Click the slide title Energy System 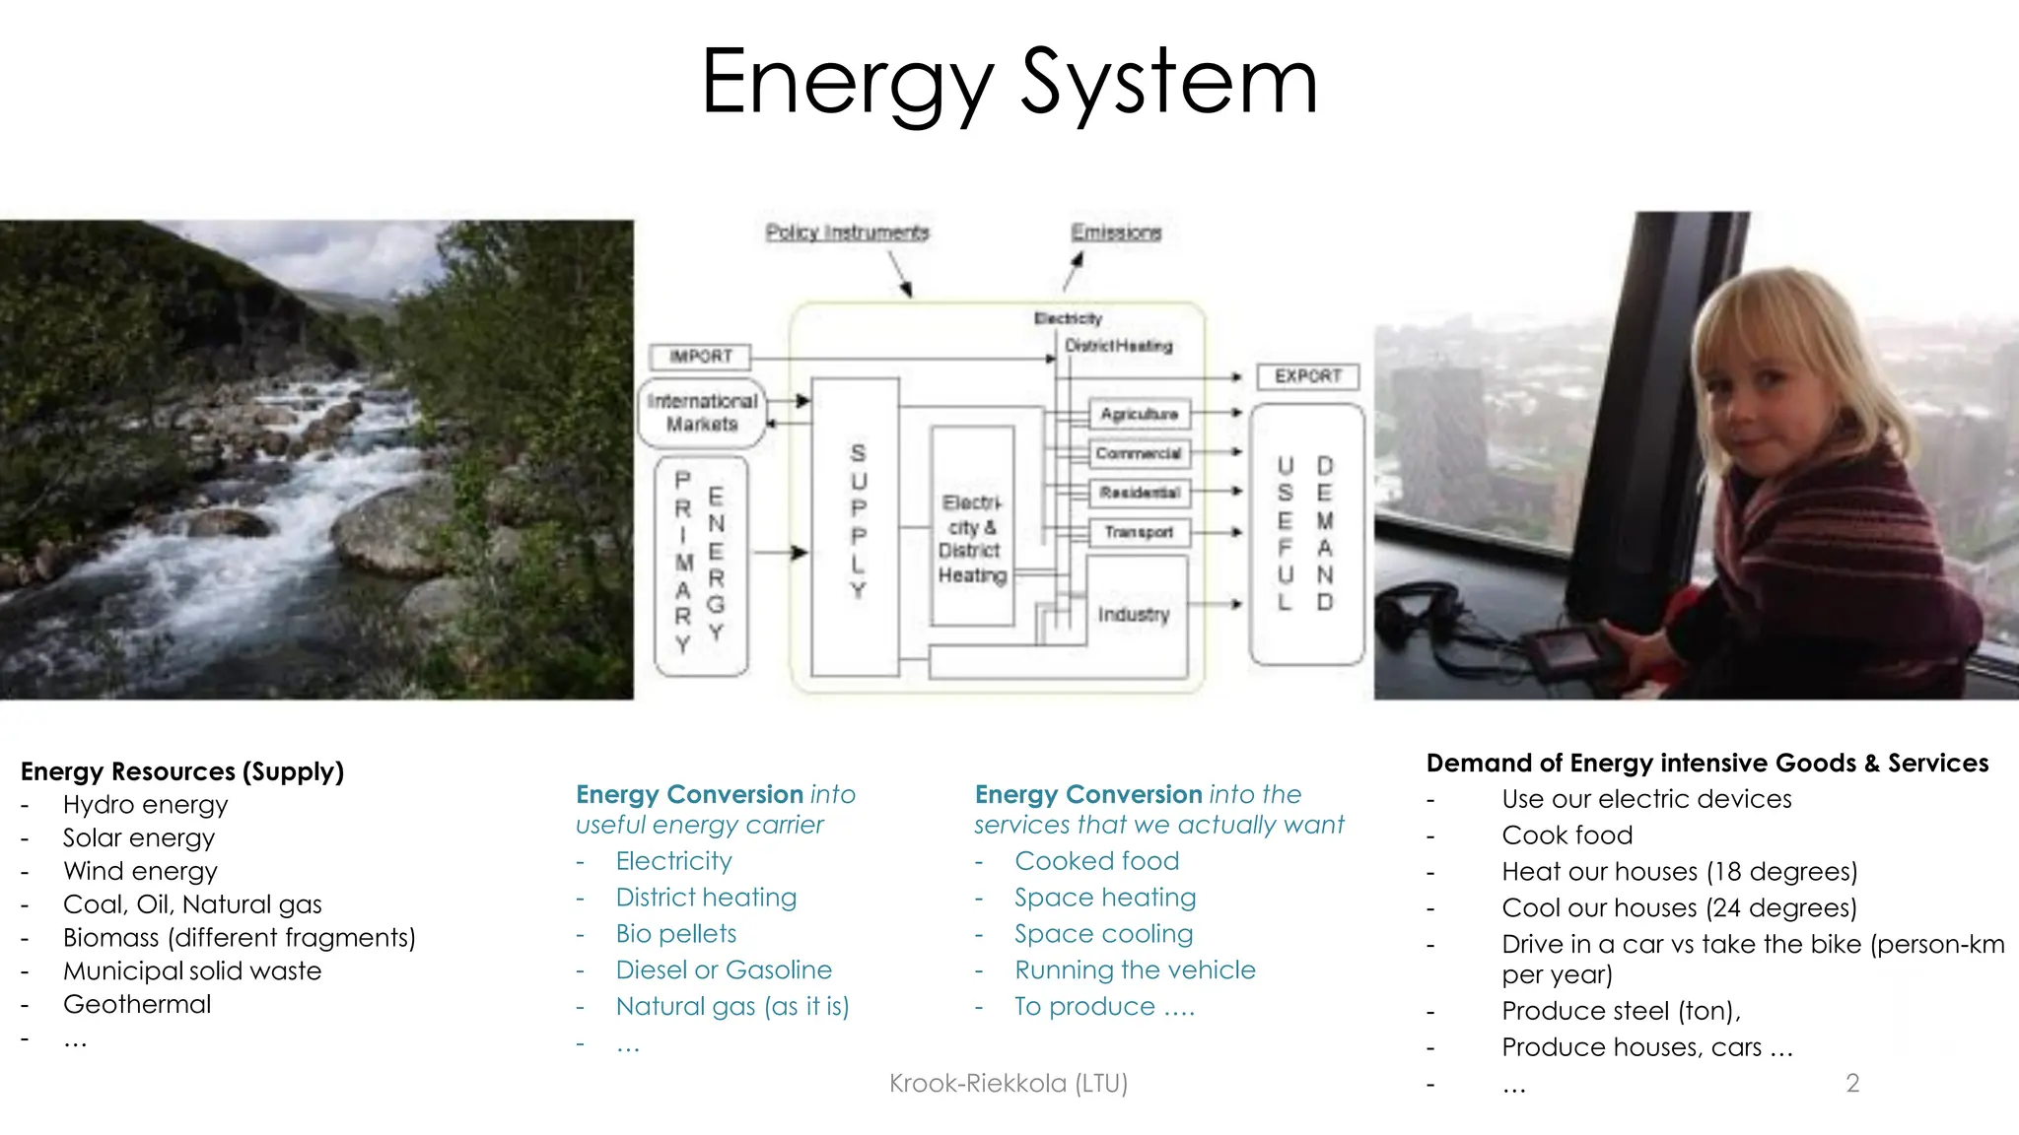point(1009,83)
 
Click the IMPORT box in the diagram point(701,356)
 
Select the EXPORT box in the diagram point(1308,376)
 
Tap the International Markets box point(702,413)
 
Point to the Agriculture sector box point(1140,414)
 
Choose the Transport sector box point(1140,532)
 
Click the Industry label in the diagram point(1134,615)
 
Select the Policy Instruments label point(847,233)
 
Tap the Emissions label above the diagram point(1116,233)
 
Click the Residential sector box point(1140,492)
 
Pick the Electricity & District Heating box point(972,538)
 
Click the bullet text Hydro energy point(145,805)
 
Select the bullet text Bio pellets point(676,934)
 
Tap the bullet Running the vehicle point(1135,970)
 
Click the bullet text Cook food point(1566,835)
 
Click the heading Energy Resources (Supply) point(182,771)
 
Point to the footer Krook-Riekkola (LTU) point(1008,1084)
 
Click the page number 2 point(1852,1084)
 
